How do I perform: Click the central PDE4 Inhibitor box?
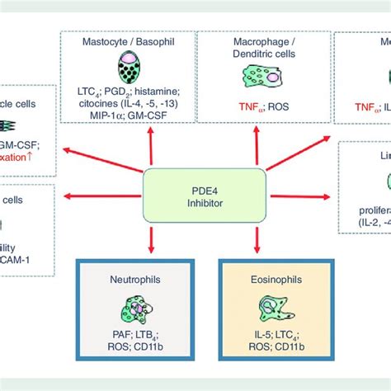point(205,196)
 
